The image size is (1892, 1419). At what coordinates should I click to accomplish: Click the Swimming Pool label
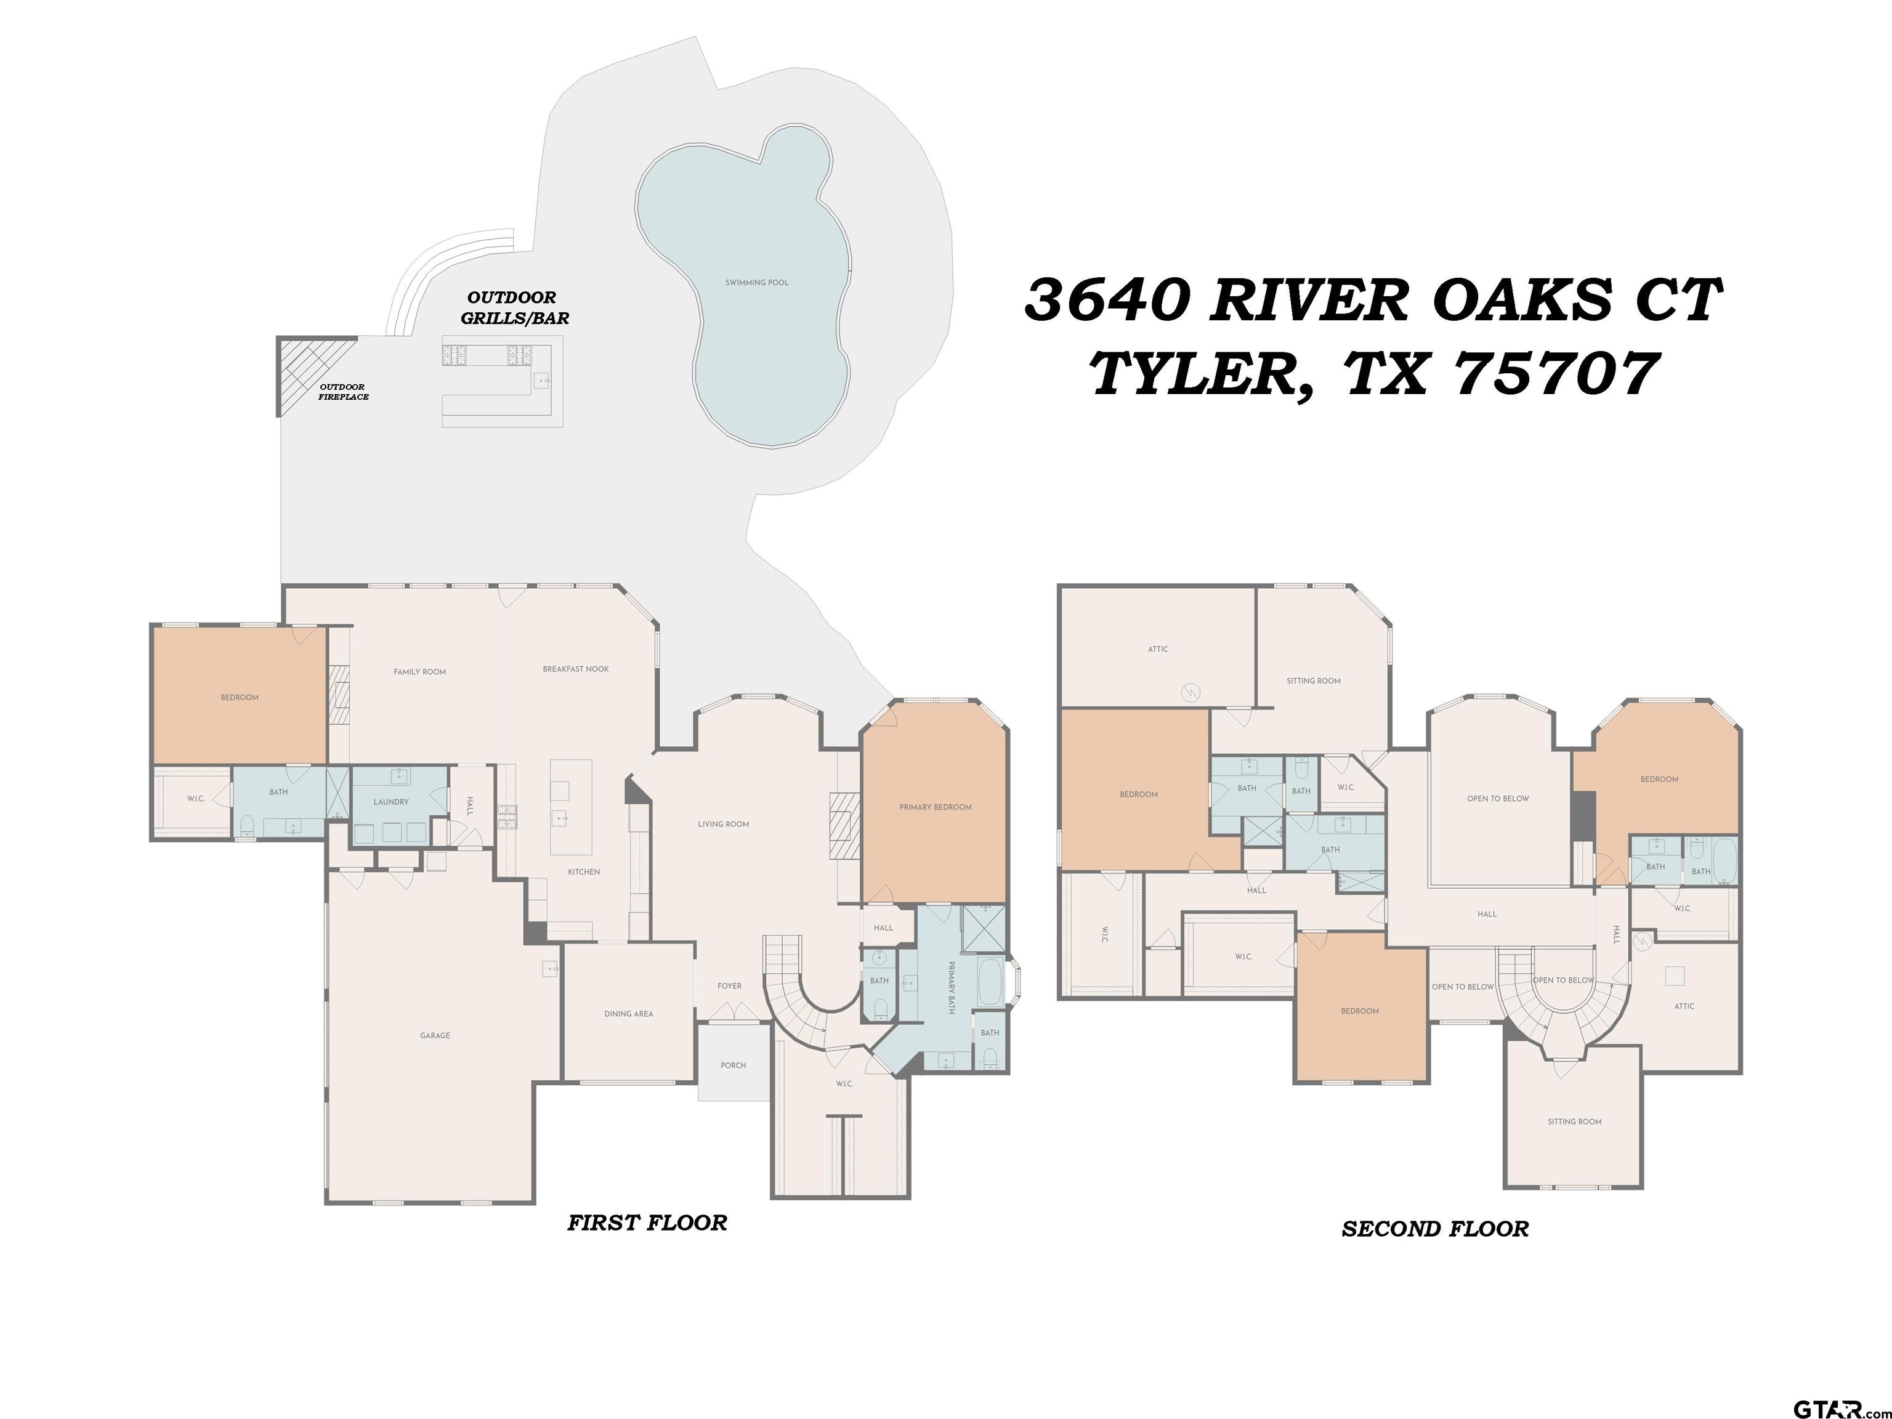[x=757, y=282]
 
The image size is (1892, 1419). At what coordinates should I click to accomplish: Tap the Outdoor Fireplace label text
[x=343, y=392]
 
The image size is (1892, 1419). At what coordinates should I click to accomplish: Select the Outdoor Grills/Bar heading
[x=514, y=308]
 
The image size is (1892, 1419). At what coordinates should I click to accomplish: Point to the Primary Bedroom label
[x=935, y=807]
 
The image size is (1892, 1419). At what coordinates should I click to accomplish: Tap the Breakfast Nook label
[x=576, y=669]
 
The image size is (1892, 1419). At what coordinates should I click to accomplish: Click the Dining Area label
[x=629, y=1014]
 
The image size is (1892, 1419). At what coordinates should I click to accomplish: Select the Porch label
[x=733, y=1065]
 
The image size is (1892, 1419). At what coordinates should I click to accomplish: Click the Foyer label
[x=730, y=986]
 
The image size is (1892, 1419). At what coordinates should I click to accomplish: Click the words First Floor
[x=647, y=1223]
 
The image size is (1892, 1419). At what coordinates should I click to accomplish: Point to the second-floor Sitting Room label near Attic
[x=1314, y=681]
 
